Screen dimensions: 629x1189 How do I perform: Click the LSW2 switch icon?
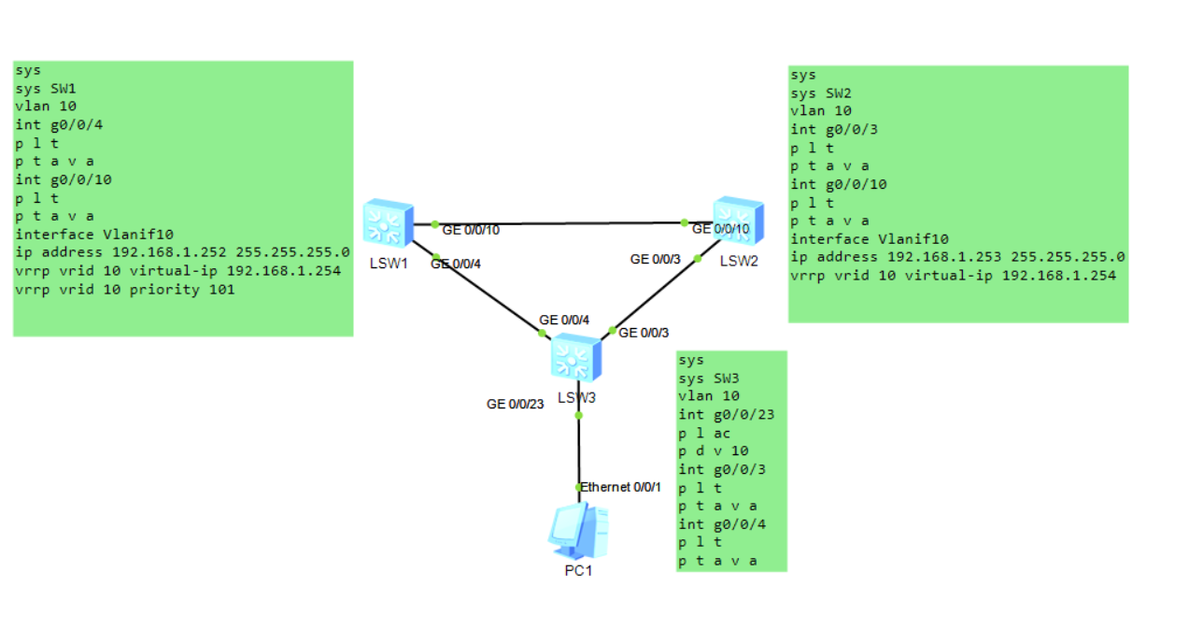point(738,221)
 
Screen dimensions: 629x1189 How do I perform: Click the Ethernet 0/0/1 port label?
point(621,487)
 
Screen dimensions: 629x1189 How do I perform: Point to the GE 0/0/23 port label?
point(516,404)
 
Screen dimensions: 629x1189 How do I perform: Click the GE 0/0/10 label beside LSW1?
point(471,230)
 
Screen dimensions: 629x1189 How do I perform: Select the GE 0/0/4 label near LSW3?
point(564,320)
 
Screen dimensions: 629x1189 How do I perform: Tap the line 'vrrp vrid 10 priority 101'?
point(125,290)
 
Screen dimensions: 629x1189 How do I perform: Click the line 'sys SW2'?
point(821,93)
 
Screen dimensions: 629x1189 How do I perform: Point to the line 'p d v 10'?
point(714,450)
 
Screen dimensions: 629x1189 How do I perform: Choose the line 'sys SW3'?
point(710,378)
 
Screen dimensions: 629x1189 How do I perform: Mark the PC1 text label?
point(578,570)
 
